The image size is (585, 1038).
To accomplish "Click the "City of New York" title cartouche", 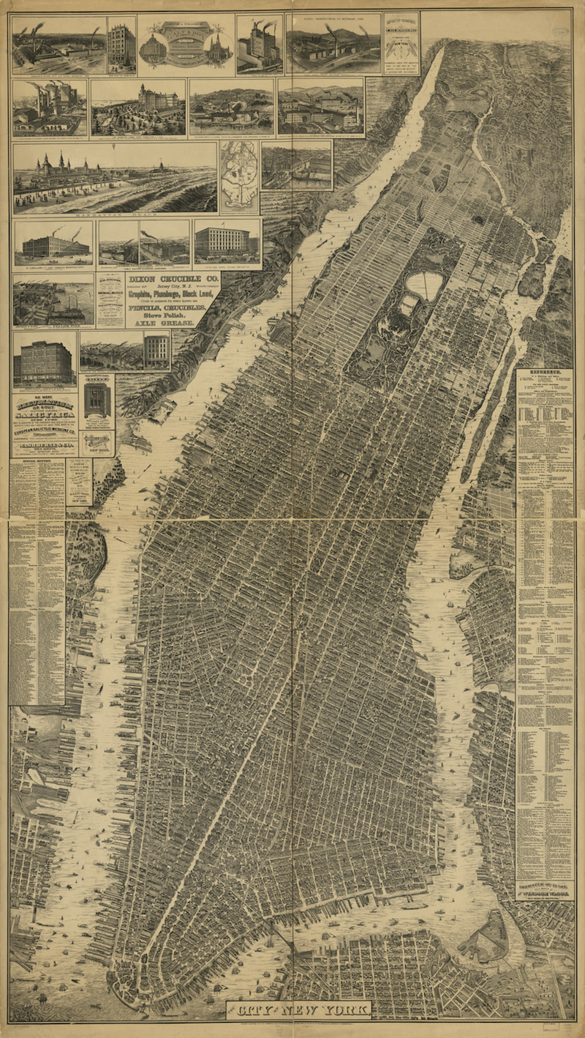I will (299, 1011).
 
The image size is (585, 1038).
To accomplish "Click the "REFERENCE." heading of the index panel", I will (546, 373).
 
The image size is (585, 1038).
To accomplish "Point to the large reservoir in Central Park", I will (425, 285).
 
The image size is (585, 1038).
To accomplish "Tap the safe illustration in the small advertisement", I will (97, 400).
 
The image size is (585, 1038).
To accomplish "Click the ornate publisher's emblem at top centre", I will (186, 44).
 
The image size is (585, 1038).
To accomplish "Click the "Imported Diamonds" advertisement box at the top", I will (401, 42).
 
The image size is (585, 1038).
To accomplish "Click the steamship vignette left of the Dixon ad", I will (53, 299).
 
